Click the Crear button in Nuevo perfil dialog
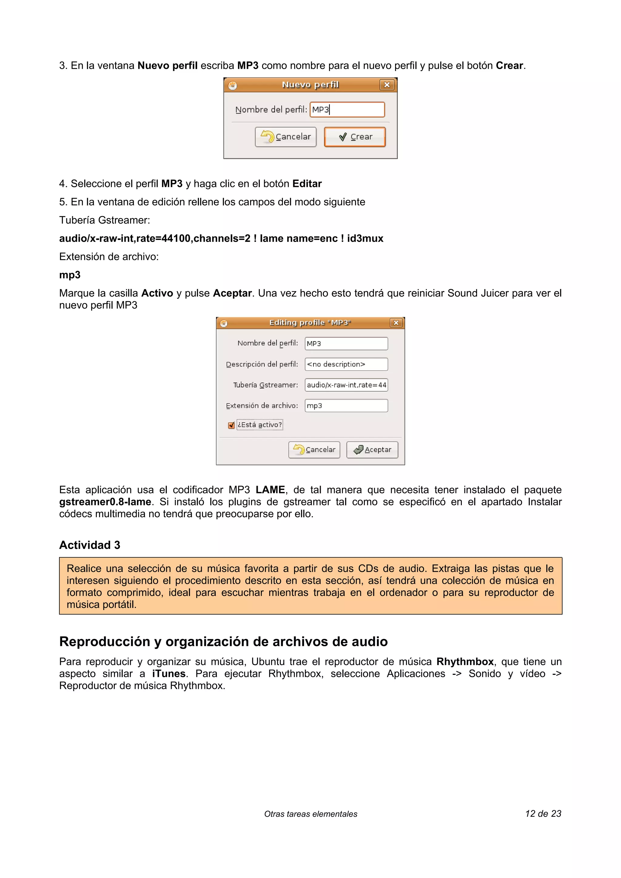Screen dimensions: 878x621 (x=355, y=137)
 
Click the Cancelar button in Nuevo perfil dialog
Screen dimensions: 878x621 (x=285, y=137)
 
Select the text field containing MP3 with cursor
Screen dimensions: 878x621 (x=347, y=110)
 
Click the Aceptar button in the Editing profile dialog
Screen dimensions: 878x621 (x=372, y=450)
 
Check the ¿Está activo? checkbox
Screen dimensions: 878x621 (x=231, y=425)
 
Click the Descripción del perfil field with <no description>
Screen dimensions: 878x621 (x=346, y=364)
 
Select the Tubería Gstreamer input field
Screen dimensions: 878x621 (x=346, y=385)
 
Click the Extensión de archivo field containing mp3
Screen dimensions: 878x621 (x=346, y=405)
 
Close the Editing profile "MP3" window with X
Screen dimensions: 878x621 (x=396, y=323)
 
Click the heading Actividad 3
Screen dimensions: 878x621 (x=89, y=545)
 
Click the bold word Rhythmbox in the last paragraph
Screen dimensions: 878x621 (x=465, y=662)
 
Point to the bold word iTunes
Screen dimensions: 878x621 (x=169, y=673)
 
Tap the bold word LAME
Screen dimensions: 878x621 (x=270, y=490)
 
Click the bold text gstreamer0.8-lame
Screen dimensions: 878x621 (x=105, y=502)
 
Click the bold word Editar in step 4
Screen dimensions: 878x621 (x=307, y=184)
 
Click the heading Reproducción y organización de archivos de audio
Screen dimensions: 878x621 (x=223, y=641)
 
